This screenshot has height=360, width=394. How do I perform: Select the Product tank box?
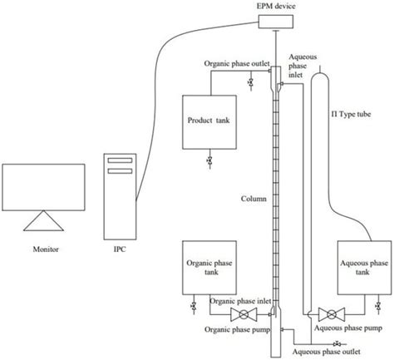pos(209,121)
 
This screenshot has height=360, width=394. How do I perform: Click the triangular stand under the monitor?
pos(43,220)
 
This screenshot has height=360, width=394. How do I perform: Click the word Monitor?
pos(42,246)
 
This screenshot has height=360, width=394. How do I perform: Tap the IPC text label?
pos(120,247)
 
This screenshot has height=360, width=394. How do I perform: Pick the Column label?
pos(254,199)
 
